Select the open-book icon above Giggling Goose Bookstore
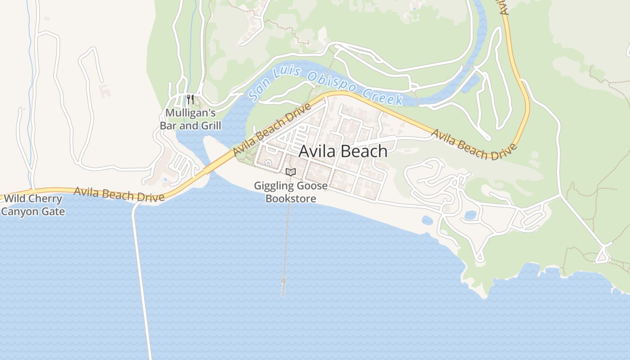(291, 172)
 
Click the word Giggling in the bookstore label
(274, 185)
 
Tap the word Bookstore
(291, 198)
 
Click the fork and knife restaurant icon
(190, 99)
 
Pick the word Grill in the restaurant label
(211, 125)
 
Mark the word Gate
(54, 211)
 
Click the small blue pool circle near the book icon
(268, 162)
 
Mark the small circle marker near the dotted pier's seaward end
(283, 280)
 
